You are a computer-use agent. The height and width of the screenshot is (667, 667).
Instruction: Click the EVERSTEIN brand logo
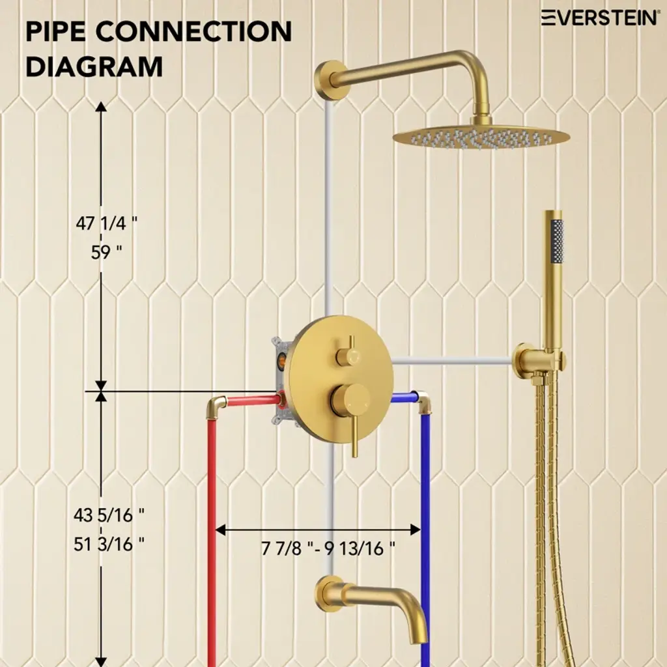[599, 18]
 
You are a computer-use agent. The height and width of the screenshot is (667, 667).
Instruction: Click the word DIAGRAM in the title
[94, 67]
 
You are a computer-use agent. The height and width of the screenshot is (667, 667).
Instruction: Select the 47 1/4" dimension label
[107, 223]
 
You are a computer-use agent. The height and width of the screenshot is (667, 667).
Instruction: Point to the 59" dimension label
[106, 252]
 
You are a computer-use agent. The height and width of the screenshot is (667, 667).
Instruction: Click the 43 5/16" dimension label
[109, 515]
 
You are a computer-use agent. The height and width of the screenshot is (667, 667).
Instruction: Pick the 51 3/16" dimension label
[109, 544]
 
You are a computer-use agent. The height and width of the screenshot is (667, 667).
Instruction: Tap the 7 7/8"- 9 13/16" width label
[328, 548]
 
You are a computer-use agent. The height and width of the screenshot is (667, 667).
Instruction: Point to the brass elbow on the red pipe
[216, 406]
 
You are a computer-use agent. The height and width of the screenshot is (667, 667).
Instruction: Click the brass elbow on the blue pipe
[423, 402]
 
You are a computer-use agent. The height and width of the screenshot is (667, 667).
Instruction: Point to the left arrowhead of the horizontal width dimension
[221, 530]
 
